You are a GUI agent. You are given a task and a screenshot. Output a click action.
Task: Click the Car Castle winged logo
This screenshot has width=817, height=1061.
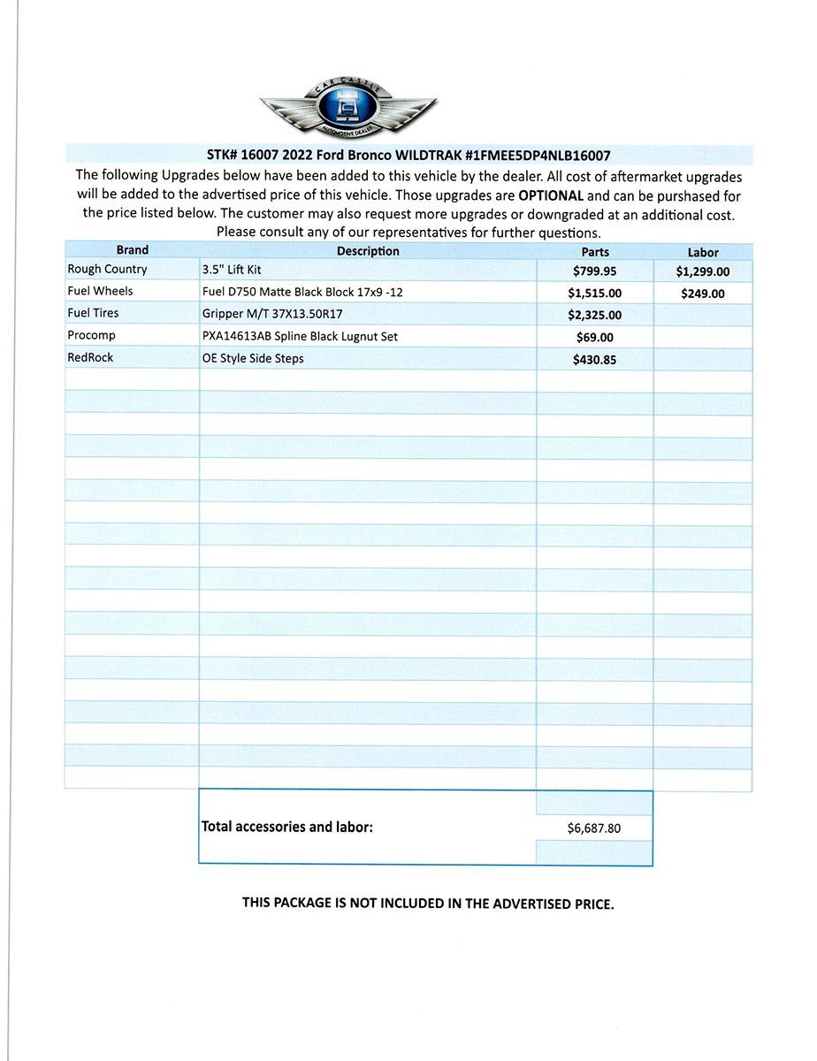[x=348, y=107]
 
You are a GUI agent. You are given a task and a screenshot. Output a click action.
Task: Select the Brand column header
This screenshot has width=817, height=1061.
[x=133, y=250]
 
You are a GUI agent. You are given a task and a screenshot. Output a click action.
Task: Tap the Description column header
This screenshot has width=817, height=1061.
[x=368, y=251]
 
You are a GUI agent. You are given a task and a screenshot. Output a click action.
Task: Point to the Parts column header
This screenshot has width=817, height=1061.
[x=595, y=252]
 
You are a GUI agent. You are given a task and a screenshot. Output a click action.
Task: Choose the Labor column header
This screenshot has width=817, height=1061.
[x=703, y=252]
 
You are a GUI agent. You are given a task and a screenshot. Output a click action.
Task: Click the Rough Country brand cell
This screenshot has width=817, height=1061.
[x=108, y=269]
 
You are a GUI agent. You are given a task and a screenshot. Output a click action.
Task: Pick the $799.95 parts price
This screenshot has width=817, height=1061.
[x=595, y=272]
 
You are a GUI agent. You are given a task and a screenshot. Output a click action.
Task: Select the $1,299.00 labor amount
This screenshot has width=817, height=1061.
[x=703, y=272]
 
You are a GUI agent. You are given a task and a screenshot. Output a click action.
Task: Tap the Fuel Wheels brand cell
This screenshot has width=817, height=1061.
[x=100, y=291]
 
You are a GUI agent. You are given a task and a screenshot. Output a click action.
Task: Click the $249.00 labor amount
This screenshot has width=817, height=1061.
[x=703, y=294]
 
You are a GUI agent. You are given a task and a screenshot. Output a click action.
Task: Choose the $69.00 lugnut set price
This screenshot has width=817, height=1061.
[x=595, y=337]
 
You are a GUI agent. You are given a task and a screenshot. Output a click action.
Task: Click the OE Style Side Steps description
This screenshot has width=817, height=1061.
[x=253, y=358]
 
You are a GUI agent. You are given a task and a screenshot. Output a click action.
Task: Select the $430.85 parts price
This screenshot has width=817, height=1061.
[x=595, y=359]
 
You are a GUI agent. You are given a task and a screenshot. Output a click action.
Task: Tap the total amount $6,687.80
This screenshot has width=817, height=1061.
[x=594, y=828]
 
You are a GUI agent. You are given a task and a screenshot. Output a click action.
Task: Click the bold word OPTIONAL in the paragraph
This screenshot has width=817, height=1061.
[x=550, y=195]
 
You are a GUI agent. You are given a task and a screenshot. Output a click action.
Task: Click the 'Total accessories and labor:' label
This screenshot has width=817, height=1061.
[x=287, y=827]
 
